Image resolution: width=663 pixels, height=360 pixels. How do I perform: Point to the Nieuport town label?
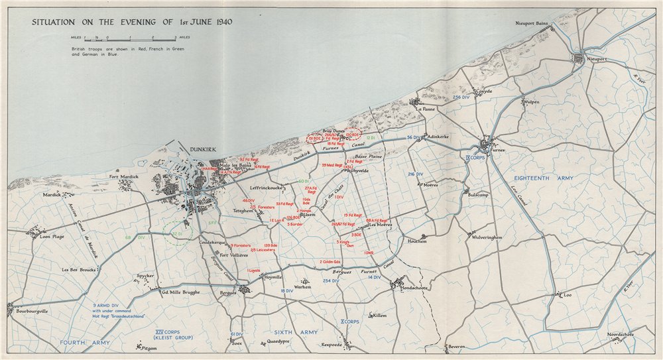click(597, 58)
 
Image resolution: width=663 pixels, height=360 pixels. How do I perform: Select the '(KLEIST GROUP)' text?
click(168, 338)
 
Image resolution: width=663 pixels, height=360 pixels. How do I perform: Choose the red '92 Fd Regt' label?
click(249, 159)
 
